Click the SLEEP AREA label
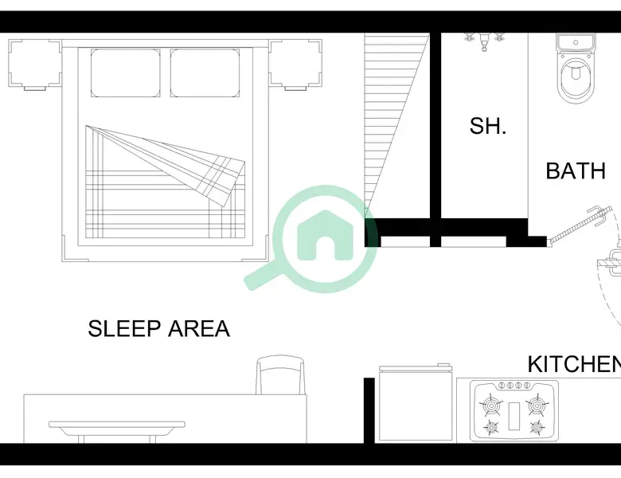(158, 328)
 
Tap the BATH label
(576, 170)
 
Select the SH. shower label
(487, 126)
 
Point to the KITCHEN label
(574, 364)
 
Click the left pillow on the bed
(125, 73)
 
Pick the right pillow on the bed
(205, 73)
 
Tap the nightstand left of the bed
(35, 65)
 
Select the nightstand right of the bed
(295, 65)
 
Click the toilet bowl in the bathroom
(576, 80)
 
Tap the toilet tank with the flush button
(576, 41)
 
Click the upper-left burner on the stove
(491, 406)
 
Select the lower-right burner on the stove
(537, 427)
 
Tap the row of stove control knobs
(514, 385)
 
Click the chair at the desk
(280, 375)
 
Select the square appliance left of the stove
(416, 402)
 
